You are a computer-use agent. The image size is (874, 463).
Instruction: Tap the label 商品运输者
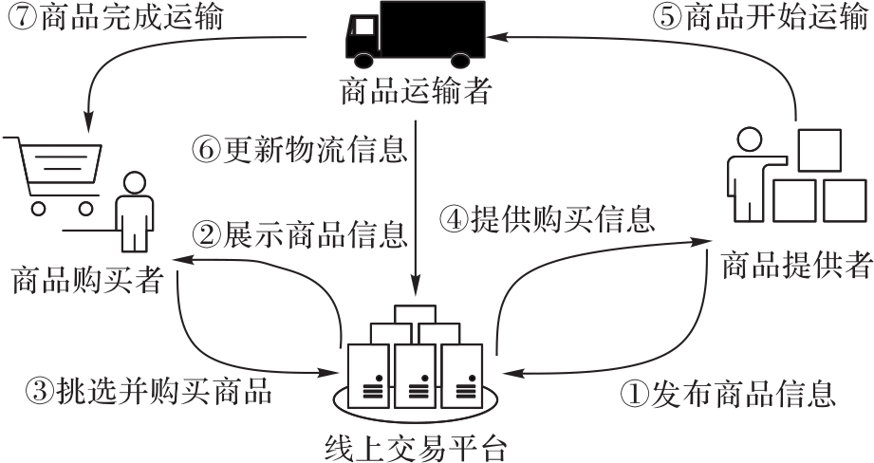pos(417,93)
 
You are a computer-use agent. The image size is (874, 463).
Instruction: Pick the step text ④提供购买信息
pos(547,220)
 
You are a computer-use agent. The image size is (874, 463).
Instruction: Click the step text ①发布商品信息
pos(728,390)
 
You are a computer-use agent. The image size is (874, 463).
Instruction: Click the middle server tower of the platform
pos(415,373)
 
